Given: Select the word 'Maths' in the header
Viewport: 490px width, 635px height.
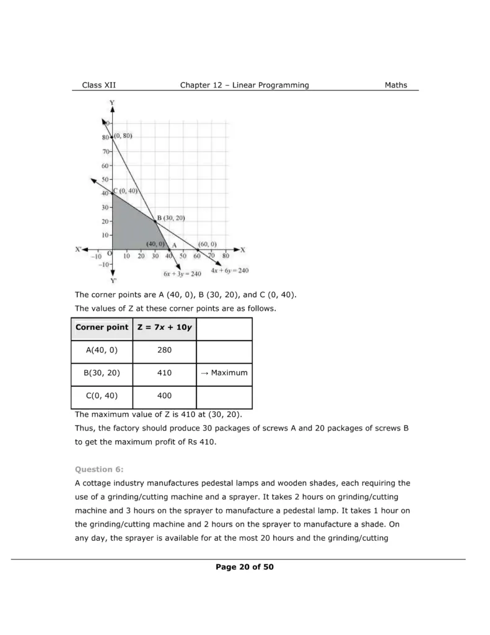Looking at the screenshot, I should [x=396, y=85].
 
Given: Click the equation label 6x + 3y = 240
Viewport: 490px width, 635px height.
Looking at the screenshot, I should [x=182, y=273].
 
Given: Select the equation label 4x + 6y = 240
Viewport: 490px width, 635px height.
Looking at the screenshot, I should [x=229, y=270].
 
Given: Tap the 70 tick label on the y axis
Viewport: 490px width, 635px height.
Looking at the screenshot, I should [x=106, y=151].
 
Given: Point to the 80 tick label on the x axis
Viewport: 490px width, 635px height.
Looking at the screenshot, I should [x=225, y=255].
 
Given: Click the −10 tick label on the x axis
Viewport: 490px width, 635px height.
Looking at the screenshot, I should [x=96, y=255].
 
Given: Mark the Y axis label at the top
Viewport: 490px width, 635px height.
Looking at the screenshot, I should [x=112, y=102].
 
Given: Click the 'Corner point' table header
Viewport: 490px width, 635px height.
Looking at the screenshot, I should [x=102, y=327].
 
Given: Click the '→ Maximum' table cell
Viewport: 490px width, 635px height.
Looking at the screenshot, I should [x=224, y=373].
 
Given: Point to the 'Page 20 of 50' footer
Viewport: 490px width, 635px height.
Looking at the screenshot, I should [x=245, y=567].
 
